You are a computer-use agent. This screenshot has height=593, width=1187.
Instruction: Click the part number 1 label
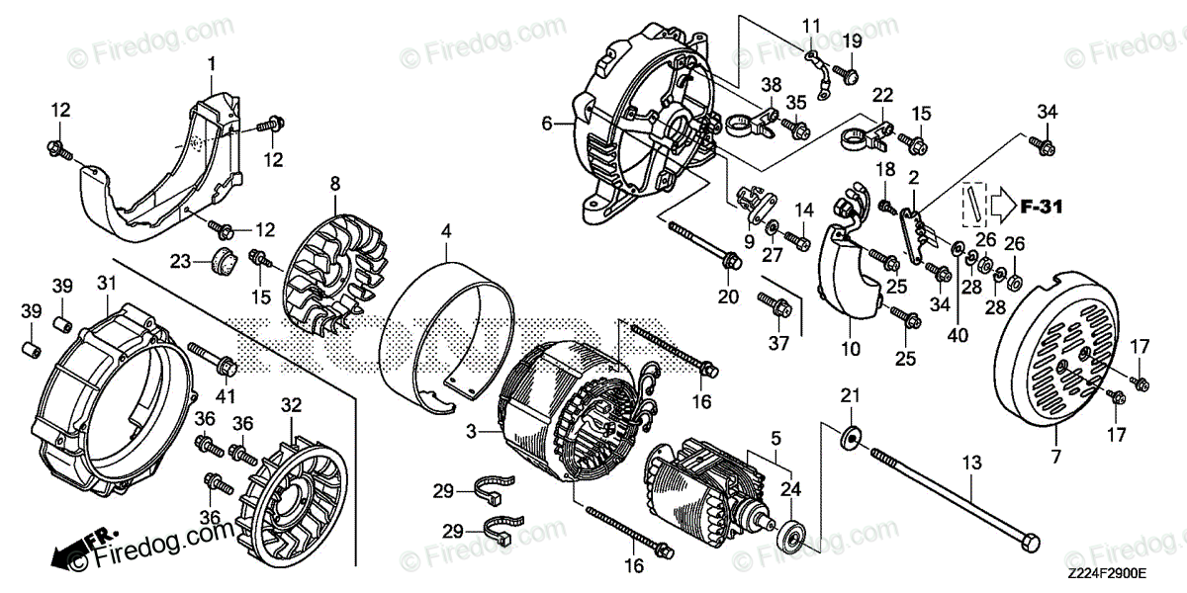pos(211,64)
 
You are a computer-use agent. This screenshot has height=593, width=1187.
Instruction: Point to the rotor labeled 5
pos(707,489)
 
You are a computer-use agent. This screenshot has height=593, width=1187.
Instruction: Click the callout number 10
pos(851,349)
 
